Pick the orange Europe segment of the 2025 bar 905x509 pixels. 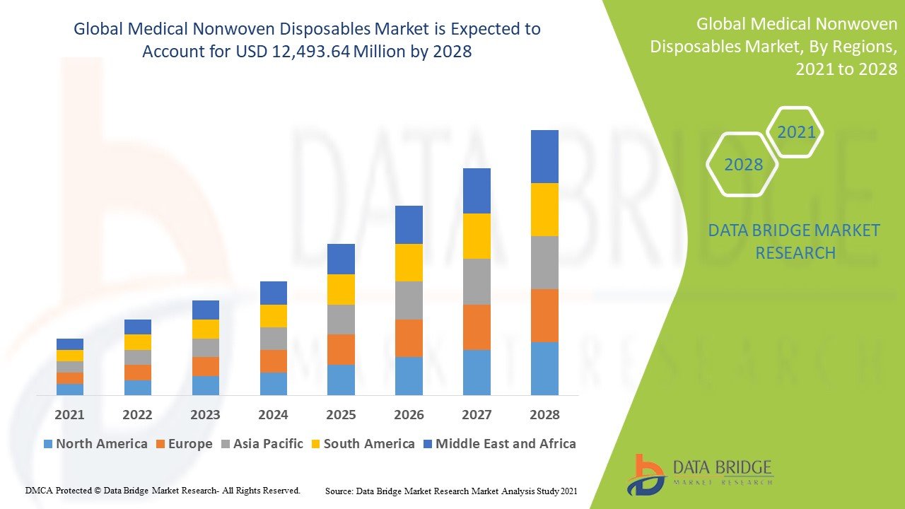click(341, 349)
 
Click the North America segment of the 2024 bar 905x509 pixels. click(274, 384)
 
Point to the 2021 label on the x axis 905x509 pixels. click(69, 415)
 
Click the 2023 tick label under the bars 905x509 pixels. click(205, 415)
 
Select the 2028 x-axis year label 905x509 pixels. click(544, 415)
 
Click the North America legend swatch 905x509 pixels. click(48, 445)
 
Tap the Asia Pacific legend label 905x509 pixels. click(268, 444)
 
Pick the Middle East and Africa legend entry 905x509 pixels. click(506, 444)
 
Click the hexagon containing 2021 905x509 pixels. click(796, 132)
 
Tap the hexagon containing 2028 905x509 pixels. click(743, 165)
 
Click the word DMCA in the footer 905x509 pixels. click(39, 490)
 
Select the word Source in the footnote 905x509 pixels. click(339, 491)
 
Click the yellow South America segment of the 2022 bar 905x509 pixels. click(138, 342)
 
